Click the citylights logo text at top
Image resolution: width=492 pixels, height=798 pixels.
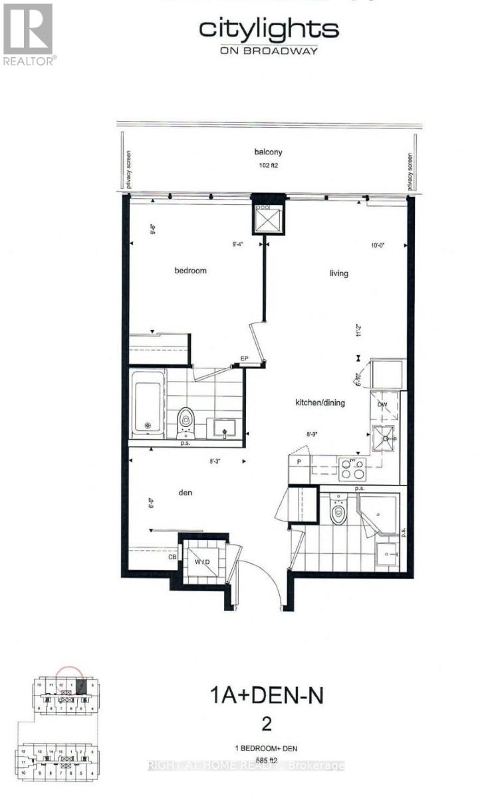[x=269, y=30]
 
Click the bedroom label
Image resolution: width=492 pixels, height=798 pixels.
[x=191, y=271]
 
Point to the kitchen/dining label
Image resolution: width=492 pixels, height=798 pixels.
[x=320, y=402]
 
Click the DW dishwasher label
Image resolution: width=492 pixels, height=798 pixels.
[x=382, y=404]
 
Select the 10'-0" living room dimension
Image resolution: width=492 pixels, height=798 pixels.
[x=380, y=245]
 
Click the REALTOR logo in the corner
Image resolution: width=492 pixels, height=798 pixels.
[x=29, y=33]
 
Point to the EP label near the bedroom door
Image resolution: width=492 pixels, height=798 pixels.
[x=244, y=359]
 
